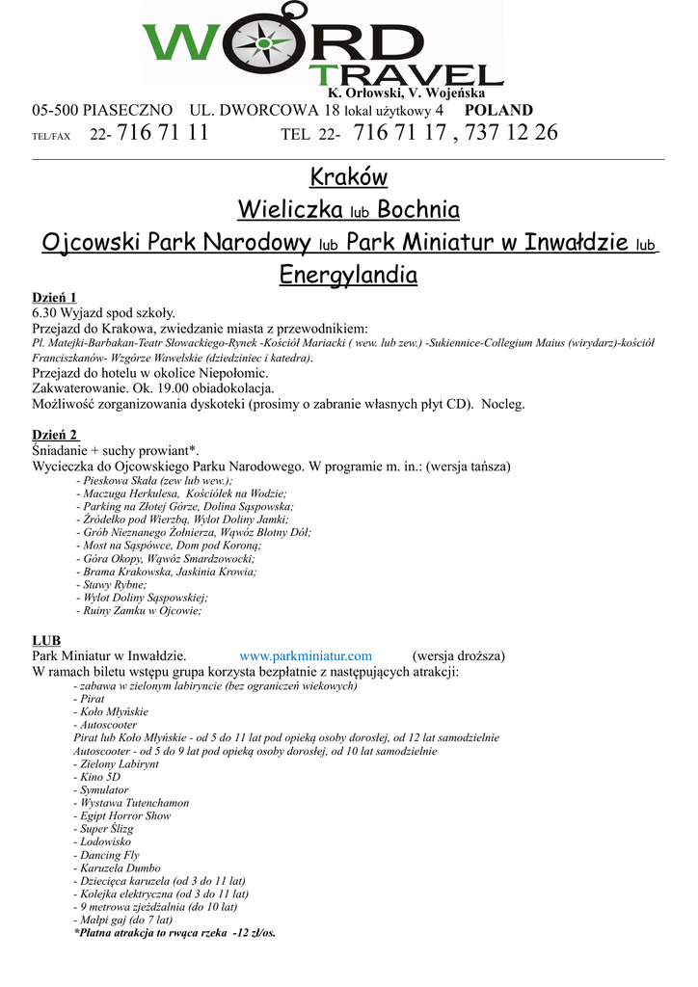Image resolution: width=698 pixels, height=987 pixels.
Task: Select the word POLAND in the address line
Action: click(498, 111)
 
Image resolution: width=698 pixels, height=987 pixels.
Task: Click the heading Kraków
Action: click(348, 177)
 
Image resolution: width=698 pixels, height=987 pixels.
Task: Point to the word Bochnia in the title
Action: click(418, 209)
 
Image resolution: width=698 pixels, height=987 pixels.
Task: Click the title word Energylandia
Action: click(348, 276)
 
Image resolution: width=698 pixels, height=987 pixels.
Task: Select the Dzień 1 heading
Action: click(54, 297)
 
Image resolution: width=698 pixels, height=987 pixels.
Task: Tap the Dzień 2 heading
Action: click(55, 435)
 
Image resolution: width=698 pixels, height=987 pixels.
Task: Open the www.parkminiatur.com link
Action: click(305, 655)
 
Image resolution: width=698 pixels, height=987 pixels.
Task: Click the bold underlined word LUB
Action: click(45, 639)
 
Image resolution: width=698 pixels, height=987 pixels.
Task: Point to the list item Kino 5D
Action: click(93, 776)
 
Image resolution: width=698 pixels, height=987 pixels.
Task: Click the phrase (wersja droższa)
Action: click(458, 655)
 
